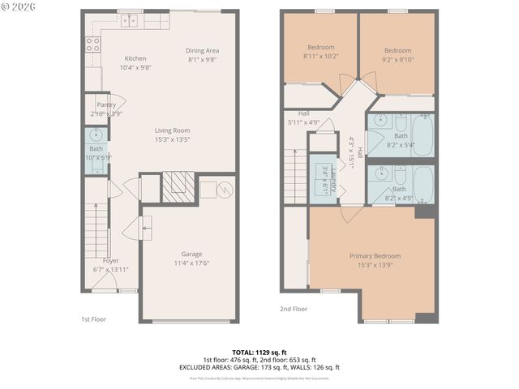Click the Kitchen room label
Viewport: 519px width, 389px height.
[x=135, y=58]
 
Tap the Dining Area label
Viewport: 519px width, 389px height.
[x=203, y=50]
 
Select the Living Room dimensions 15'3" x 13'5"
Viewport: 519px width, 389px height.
[x=173, y=139]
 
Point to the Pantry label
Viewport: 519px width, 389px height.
[x=105, y=105]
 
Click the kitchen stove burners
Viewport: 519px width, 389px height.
[x=92, y=44]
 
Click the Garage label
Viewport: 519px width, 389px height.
[x=191, y=254]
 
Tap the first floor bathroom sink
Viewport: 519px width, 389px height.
[x=96, y=135]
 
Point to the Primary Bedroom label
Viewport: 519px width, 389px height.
[x=375, y=256]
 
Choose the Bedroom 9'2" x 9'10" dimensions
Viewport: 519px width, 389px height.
[x=397, y=58]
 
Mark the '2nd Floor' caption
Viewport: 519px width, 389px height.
[x=294, y=309]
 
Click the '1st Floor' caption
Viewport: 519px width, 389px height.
[x=93, y=318]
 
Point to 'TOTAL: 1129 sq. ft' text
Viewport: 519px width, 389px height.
[x=259, y=353]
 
